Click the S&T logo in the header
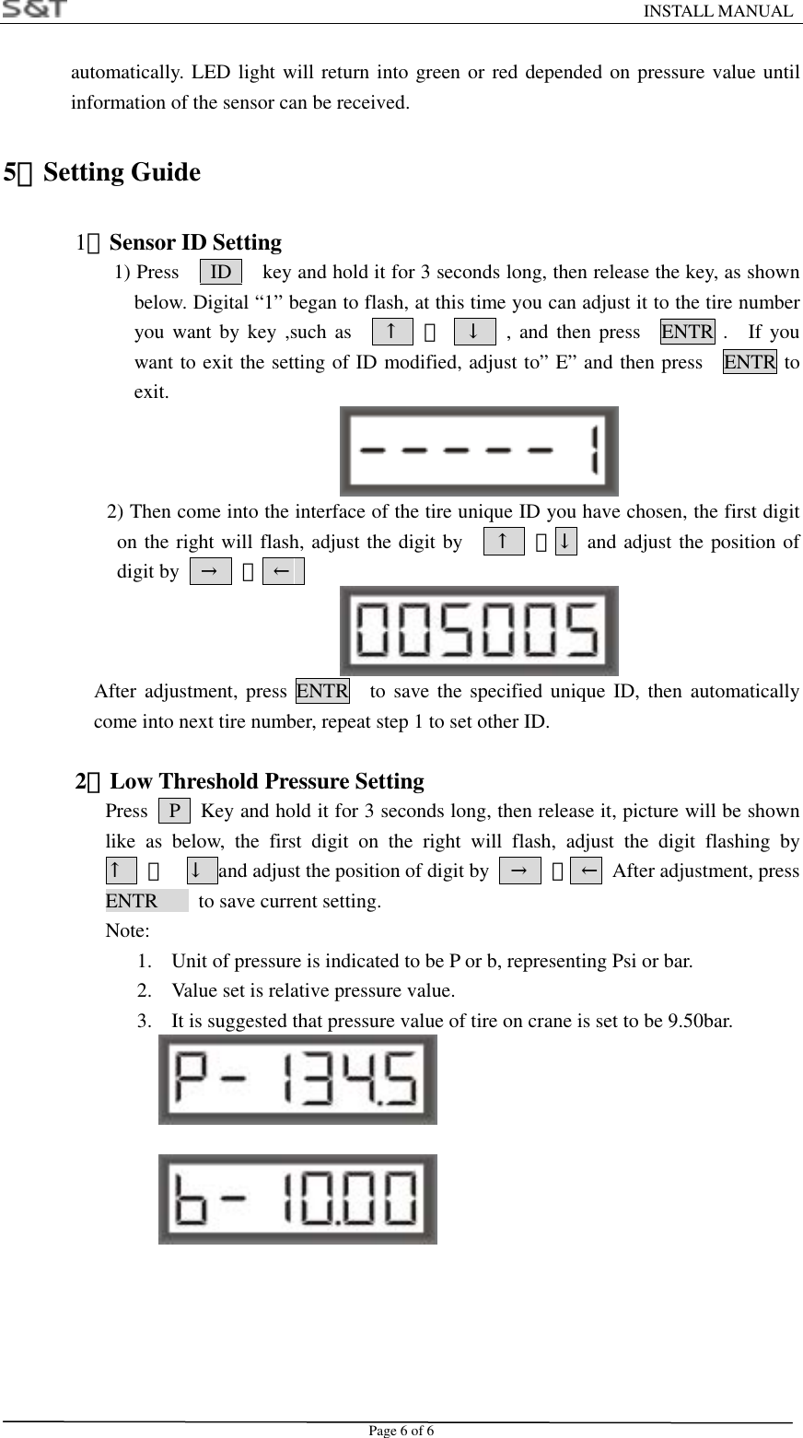(35, 9)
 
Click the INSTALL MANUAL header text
(716, 11)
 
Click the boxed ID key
(221, 273)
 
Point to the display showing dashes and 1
(479, 451)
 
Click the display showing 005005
(479, 631)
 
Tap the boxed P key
(175, 812)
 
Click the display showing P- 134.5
(297, 1080)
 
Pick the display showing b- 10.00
(297, 1199)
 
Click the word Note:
(128, 930)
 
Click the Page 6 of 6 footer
(401, 1430)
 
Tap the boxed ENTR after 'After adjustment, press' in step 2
(322, 691)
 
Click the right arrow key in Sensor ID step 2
(210, 572)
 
